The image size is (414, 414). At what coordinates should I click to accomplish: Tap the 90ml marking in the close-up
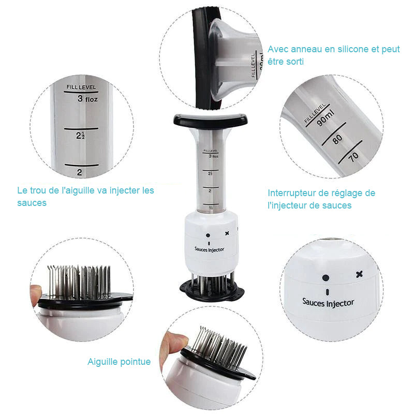[x=326, y=119]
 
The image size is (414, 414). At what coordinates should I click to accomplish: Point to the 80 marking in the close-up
[x=337, y=139]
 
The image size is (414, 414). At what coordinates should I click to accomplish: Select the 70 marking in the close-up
[x=353, y=157]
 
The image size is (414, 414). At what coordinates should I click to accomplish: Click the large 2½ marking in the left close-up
[x=80, y=136]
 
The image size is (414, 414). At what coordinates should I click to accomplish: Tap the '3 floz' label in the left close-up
[x=87, y=99]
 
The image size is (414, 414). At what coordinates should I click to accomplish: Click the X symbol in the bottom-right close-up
[x=359, y=274]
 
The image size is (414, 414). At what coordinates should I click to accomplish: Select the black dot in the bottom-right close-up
[x=326, y=278]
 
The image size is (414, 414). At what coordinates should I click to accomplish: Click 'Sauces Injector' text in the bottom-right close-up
[x=328, y=303]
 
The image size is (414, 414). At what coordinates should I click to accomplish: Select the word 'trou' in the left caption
[x=38, y=190]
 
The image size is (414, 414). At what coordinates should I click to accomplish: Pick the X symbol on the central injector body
[x=227, y=233]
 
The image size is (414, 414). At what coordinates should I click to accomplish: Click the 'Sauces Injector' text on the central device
[x=210, y=249]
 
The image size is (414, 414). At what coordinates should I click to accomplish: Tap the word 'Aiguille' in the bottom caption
[x=100, y=362]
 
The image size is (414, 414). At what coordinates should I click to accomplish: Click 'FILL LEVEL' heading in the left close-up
[x=81, y=87]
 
